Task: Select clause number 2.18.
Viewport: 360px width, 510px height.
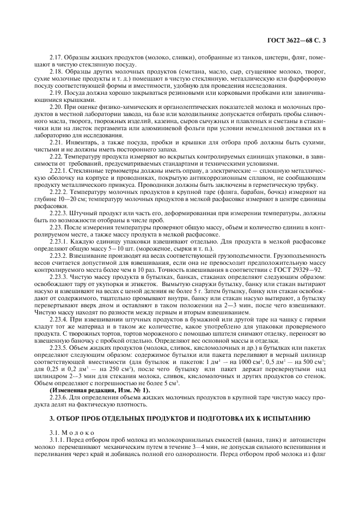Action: coord(57,71)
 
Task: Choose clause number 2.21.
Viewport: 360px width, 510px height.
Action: coord(57,143)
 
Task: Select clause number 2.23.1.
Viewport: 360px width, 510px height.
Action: coord(59,241)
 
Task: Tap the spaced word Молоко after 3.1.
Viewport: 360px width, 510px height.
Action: coord(77,433)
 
